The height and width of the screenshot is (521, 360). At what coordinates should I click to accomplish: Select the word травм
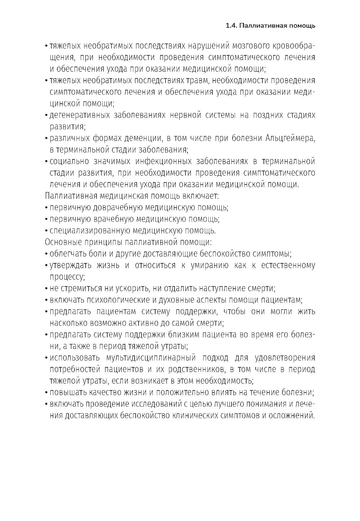pos(196,80)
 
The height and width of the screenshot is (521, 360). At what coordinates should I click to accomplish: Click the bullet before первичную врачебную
pos(47,219)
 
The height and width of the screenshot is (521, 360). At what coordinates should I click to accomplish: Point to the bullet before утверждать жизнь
pos(47,266)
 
